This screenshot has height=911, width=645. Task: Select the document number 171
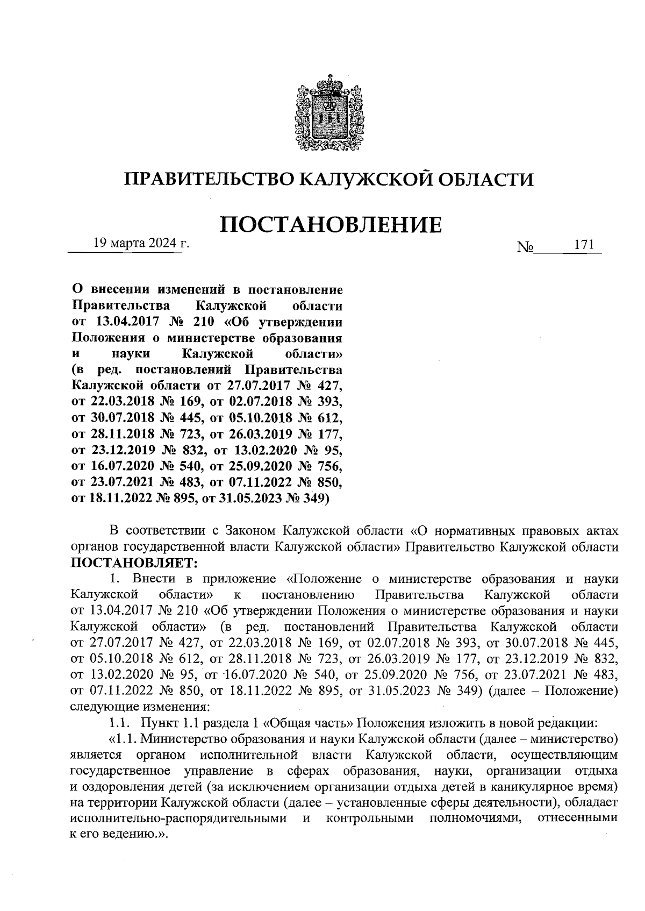[584, 244]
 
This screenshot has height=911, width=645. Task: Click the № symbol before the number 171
[525, 247]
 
